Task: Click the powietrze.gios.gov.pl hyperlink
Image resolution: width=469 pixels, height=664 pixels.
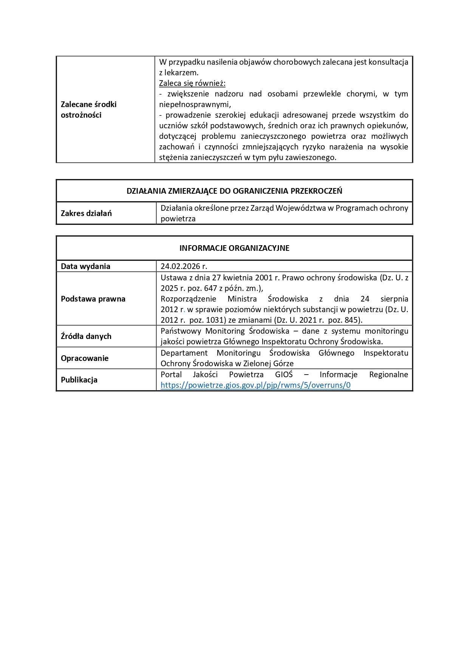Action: (x=255, y=385)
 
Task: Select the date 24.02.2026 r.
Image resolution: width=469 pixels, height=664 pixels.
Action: (x=184, y=266)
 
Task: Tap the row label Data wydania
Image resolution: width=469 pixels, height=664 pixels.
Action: (x=85, y=266)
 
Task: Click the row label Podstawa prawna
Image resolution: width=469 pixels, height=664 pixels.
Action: (x=93, y=299)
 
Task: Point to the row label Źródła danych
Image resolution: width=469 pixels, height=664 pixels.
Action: (x=86, y=336)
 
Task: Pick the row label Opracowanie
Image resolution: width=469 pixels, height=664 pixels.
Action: (x=85, y=358)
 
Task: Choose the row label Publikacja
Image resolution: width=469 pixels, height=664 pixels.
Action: (x=79, y=380)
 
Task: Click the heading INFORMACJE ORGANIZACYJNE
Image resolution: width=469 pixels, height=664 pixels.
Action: (x=234, y=248)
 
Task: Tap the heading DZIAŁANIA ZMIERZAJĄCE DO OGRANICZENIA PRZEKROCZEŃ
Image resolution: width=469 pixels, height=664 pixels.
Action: (x=234, y=191)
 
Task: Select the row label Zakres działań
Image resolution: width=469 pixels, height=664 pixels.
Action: (x=86, y=213)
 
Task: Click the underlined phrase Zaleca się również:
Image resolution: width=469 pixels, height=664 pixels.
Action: (x=192, y=83)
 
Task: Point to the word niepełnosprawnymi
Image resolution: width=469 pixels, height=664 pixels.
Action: (x=195, y=104)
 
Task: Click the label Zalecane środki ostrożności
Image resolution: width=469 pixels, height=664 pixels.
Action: (x=88, y=110)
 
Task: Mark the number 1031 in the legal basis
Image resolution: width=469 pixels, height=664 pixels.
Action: (x=215, y=320)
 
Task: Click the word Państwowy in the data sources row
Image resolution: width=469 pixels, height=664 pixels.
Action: (x=180, y=331)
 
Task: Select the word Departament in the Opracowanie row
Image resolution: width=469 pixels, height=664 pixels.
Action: (x=184, y=353)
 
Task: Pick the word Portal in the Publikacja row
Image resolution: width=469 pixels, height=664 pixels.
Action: (x=171, y=375)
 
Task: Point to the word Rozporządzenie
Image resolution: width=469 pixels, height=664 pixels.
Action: (x=188, y=299)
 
